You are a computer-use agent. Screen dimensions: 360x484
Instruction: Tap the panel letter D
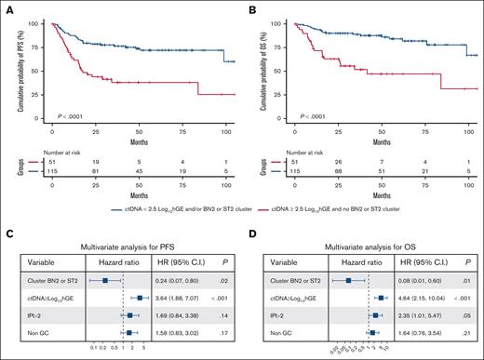coord(252,220)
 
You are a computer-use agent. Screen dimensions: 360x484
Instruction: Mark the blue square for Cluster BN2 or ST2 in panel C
coord(106,278)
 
